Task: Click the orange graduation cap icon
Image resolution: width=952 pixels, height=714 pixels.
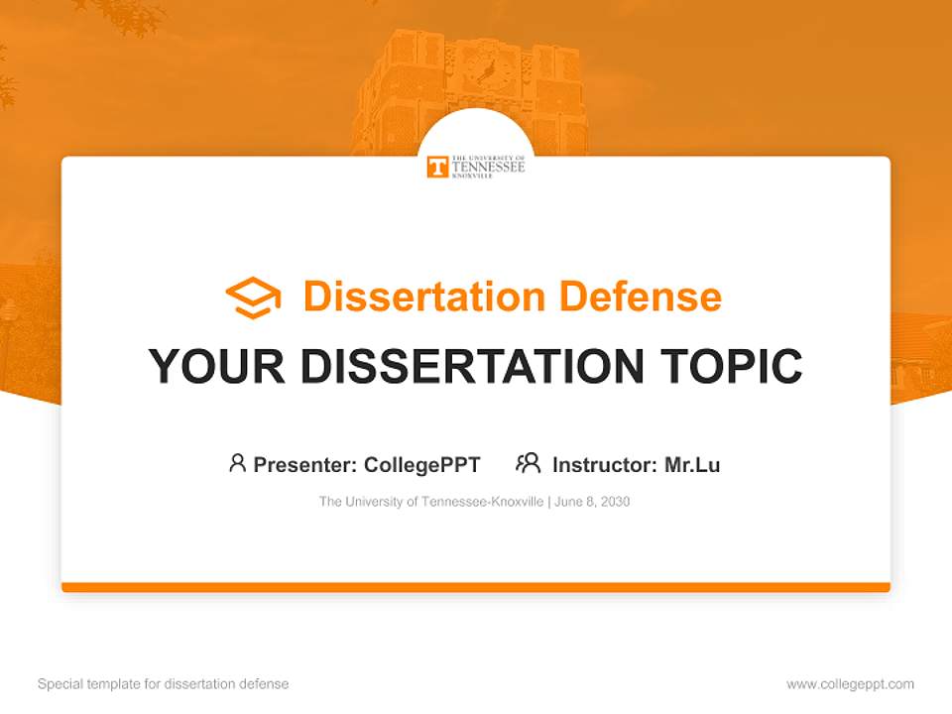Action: coord(253,297)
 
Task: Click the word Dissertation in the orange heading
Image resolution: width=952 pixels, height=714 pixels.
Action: coord(424,297)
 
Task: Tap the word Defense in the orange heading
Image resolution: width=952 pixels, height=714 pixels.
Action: coord(641,297)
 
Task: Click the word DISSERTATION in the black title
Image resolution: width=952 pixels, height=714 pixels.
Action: coord(472,366)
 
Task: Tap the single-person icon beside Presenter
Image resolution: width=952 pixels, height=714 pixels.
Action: coord(237,463)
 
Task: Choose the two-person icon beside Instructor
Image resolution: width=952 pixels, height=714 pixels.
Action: coord(529,463)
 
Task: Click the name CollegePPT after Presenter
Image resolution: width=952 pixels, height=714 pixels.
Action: coord(422,465)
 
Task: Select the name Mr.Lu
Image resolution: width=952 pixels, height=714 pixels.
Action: coord(692,465)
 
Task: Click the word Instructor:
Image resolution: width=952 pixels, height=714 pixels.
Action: coord(605,465)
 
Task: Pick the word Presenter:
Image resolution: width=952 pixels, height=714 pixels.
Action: coord(304,465)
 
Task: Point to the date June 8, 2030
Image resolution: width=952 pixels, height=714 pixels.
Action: coord(592,502)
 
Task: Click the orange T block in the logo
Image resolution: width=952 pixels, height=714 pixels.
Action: coord(437,167)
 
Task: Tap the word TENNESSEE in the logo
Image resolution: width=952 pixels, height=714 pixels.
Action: coord(488,167)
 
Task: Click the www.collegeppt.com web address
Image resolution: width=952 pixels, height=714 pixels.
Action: coord(850,684)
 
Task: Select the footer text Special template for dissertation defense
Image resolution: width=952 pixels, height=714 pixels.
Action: coord(164,684)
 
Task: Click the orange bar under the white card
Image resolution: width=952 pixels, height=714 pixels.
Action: coord(476,587)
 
